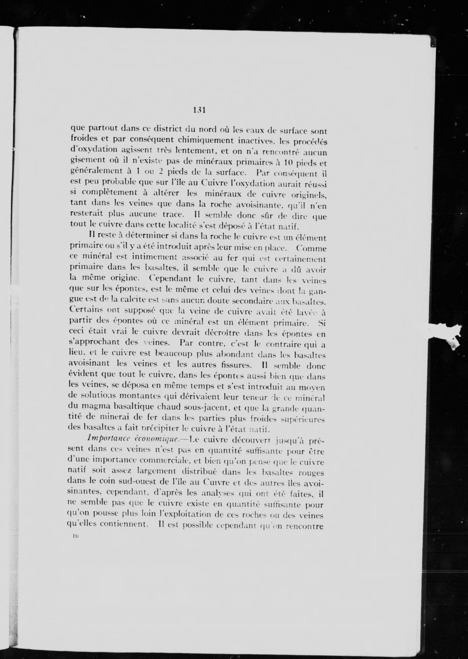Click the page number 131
[x=199, y=110]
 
